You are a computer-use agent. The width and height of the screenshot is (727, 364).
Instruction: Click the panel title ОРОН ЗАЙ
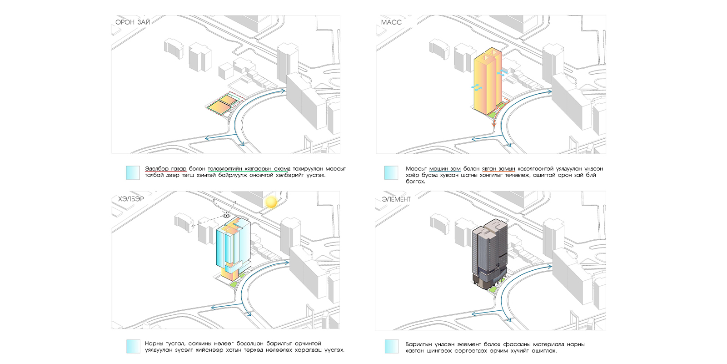[x=133, y=22]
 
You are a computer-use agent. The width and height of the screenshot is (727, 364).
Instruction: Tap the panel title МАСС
[x=391, y=22]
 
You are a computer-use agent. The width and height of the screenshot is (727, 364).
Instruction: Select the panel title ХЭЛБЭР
[x=131, y=199]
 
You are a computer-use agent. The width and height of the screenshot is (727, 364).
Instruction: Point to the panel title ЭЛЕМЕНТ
[x=396, y=199]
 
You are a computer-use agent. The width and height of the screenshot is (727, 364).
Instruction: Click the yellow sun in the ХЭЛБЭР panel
[x=271, y=202]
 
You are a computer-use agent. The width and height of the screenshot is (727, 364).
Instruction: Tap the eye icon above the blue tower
[x=226, y=216]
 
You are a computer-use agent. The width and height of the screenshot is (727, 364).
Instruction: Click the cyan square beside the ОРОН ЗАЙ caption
[x=133, y=172]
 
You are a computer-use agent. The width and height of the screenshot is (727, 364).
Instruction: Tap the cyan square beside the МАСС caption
[x=391, y=172]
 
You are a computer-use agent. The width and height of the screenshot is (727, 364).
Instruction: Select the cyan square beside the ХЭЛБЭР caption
[x=133, y=346]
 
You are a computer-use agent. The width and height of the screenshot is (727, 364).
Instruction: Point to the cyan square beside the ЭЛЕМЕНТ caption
[x=391, y=346]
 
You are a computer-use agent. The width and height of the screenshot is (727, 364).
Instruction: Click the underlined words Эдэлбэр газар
[x=165, y=169]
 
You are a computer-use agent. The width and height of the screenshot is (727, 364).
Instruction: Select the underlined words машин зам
[x=445, y=169]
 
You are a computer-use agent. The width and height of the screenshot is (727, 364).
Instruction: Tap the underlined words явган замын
[x=498, y=169]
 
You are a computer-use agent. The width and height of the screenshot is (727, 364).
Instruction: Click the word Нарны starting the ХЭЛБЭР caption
[x=154, y=344]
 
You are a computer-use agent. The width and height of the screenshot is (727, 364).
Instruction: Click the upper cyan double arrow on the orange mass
[x=502, y=73]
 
